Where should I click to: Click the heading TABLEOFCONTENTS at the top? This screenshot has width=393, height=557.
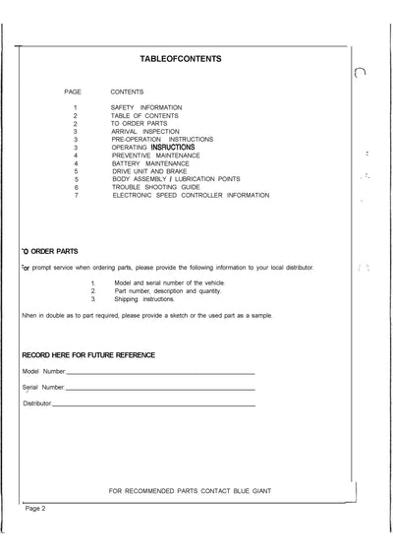181,59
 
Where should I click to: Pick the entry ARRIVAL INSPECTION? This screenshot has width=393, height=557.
145,131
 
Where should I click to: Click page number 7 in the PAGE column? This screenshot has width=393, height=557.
76,196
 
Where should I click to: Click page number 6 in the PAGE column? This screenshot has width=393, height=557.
76,187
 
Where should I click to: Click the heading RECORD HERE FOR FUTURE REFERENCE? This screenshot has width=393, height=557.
88,353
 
